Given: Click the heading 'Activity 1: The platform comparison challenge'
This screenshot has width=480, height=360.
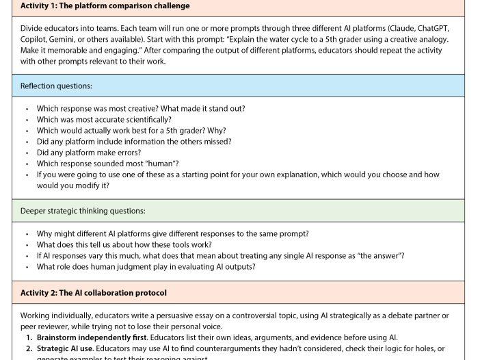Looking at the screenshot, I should (x=105, y=6).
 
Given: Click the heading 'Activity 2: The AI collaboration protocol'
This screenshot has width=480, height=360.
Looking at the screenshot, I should (x=93, y=293).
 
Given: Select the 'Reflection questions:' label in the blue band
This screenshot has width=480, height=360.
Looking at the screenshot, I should (x=56, y=86).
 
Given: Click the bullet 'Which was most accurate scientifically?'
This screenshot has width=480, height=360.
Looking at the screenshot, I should (x=104, y=120).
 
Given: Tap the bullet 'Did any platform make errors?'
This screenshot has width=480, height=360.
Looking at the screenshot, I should (x=89, y=153).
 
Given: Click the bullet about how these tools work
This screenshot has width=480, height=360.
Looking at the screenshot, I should (x=124, y=245).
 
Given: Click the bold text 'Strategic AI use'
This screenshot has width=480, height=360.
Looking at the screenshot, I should (x=64, y=348).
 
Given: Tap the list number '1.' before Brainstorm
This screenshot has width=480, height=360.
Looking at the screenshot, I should (x=29, y=337).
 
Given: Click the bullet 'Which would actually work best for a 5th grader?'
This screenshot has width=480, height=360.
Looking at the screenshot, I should (x=131, y=131).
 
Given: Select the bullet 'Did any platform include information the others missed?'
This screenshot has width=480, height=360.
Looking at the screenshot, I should (x=134, y=142).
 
